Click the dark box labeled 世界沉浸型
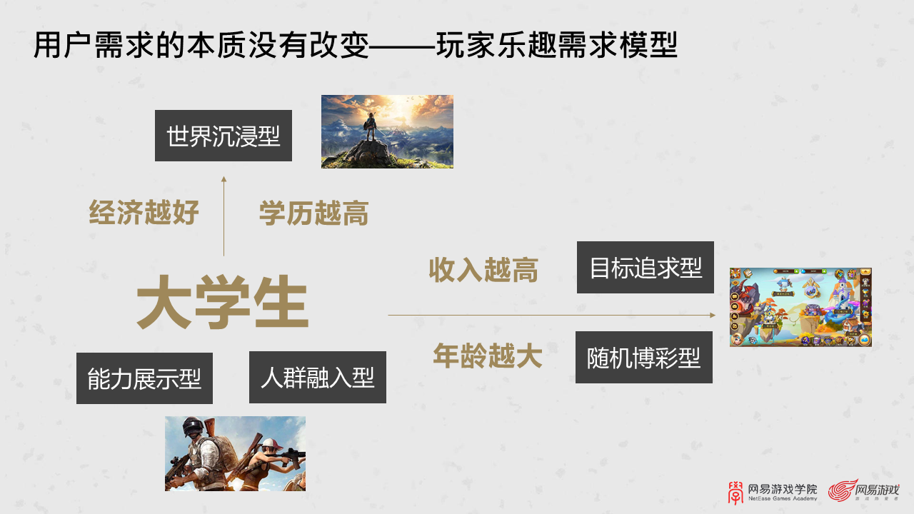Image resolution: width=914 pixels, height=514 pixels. (x=224, y=136)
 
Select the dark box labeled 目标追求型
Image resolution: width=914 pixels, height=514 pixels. (x=646, y=268)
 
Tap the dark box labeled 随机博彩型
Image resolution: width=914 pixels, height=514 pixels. (x=644, y=358)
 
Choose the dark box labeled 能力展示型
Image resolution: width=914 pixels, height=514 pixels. (x=144, y=378)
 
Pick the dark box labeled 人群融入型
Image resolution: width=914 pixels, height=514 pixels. (x=318, y=377)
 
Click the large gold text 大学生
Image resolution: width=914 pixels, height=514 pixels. (x=223, y=306)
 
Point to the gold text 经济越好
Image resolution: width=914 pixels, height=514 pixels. (x=144, y=213)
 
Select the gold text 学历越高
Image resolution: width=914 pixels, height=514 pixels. (x=313, y=213)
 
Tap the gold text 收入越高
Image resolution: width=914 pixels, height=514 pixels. (x=483, y=271)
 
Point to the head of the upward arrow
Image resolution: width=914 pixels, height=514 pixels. (x=224, y=179)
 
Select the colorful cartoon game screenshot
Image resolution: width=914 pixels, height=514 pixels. (x=800, y=307)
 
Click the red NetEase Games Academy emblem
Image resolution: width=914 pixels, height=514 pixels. (x=735, y=491)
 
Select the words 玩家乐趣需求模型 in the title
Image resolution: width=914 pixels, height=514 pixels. (x=557, y=46)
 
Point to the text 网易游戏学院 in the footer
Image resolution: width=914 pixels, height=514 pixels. (x=782, y=489)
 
